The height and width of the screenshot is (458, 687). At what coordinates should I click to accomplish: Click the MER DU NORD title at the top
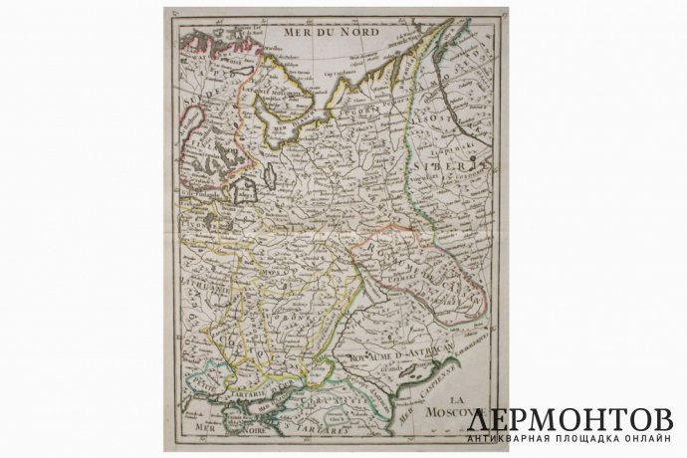click(321, 33)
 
